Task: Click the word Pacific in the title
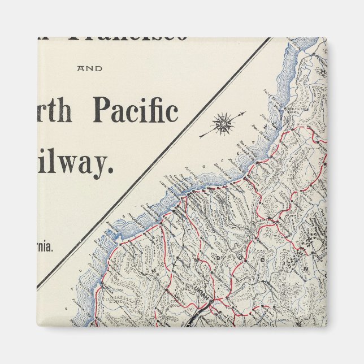tap(135, 110)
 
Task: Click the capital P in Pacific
tap(102, 110)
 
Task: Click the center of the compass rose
tap(224, 122)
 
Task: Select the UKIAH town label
tap(199, 295)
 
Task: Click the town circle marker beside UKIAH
tap(210, 302)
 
